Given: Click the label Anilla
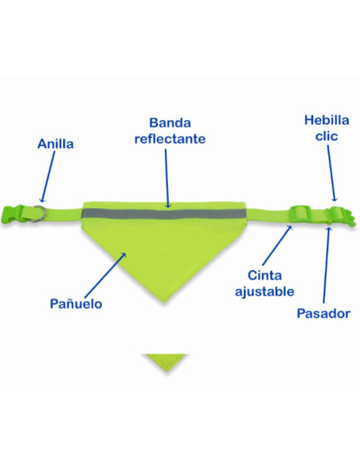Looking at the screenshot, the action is [56, 144].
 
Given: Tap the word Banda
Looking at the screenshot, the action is [170, 123].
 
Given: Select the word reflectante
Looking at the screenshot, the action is [170, 139].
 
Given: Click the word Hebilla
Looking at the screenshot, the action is [327, 120].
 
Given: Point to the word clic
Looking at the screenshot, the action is [327, 136].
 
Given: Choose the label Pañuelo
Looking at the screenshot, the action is [76, 303].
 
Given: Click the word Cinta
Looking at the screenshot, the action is [264, 275].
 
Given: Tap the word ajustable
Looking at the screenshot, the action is [264, 291].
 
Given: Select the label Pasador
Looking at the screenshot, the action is [323, 314].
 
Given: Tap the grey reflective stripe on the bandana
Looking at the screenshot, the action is [164, 214].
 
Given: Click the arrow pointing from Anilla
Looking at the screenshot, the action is [48, 177].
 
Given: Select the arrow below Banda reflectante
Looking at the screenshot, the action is [167, 178].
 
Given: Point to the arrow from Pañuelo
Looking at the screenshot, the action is [105, 275].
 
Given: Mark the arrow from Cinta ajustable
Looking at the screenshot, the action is [277, 245].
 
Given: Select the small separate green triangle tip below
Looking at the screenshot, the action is [166, 361].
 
